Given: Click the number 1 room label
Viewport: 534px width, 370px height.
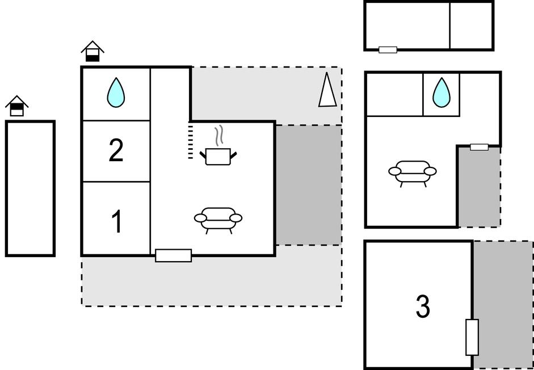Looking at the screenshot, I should click(x=116, y=221).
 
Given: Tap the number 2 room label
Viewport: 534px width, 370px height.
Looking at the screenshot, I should click(x=116, y=151).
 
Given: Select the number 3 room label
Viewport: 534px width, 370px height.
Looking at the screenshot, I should click(x=423, y=306).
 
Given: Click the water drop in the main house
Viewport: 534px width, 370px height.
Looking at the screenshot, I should click(x=116, y=93).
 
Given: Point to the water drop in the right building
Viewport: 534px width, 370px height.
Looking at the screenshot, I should click(x=441, y=93).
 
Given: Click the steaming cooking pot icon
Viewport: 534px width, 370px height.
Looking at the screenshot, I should click(x=218, y=150).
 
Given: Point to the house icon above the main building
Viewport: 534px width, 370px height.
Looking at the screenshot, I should click(x=92, y=51).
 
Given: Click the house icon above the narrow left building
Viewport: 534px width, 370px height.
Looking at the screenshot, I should click(x=17, y=106).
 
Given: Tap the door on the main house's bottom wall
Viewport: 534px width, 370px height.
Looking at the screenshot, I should click(x=173, y=255).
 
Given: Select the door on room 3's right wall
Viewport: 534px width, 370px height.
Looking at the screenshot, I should click(x=472, y=337).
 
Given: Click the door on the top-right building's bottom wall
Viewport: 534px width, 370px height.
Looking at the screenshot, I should click(x=388, y=50).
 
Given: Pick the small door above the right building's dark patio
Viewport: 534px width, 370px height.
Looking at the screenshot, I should click(x=479, y=147).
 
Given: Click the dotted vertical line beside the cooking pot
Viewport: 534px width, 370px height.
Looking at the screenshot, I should click(x=191, y=142).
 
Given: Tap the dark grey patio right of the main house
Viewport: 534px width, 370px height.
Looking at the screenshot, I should click(x=308, y=184).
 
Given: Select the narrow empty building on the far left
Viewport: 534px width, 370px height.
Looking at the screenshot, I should click(x=30, y=188).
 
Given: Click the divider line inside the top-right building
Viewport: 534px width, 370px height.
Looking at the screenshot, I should click(x=450, y=26).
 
